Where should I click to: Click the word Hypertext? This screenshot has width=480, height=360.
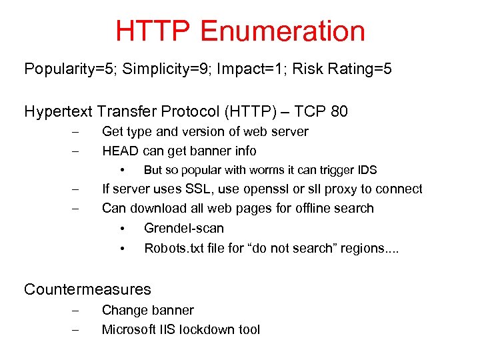56,111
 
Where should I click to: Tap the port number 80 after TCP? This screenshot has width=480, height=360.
338,111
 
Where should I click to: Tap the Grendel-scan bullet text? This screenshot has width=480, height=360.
183,228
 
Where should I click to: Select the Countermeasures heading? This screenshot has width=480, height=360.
87,289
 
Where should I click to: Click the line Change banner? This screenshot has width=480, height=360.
147,310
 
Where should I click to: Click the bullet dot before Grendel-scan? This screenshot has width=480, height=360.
123,229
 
